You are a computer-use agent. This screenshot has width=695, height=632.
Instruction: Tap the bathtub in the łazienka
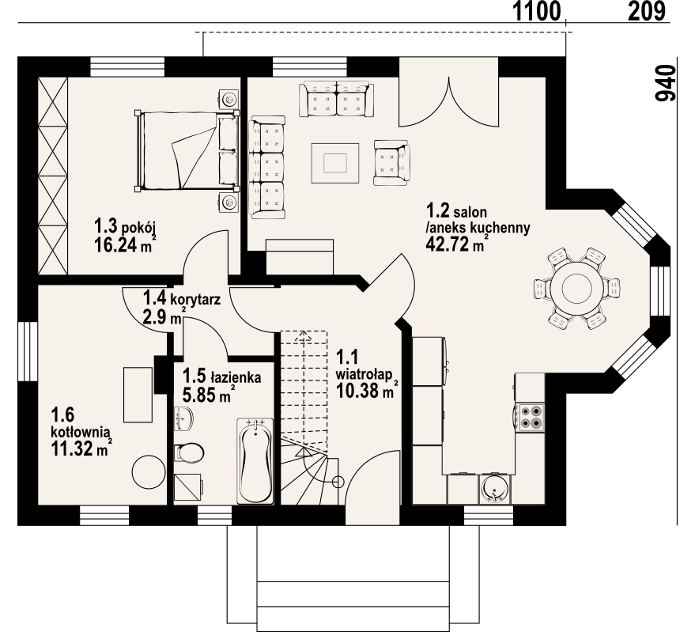point(255,460)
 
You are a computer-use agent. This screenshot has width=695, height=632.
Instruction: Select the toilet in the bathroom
point(189,452)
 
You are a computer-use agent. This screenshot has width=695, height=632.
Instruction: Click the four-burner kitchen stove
point(530,417)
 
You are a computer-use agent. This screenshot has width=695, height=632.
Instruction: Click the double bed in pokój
point(187,150)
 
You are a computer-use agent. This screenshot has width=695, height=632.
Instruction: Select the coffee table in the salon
point(335,163)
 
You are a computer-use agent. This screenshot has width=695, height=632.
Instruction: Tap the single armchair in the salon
point(392,163)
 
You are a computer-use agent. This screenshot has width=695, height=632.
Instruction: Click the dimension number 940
point(666,83)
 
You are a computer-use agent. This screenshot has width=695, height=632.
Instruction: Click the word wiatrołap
point(364,375)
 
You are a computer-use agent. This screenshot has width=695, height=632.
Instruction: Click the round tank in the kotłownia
point(149,472)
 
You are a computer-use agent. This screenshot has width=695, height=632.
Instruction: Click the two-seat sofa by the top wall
point(336,99)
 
